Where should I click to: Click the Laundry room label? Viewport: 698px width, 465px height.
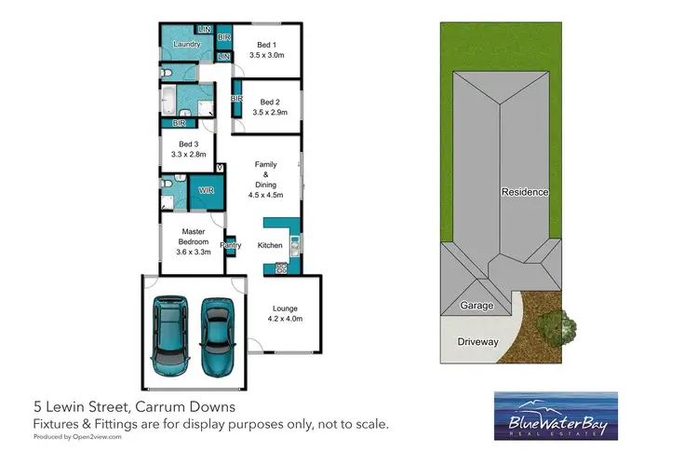pyautogui.click(x=186, y=44)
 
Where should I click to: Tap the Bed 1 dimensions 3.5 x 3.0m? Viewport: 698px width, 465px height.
pyautogui.click(x=267, y=55)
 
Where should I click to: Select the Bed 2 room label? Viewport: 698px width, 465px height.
pyautogui.click(x=270, y=103)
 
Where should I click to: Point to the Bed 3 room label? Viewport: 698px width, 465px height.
pyautogui.click(x=188, y=144)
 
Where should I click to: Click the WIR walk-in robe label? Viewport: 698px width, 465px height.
pyautogui.click(x=206, y=190)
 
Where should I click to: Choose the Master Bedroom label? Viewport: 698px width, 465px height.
pyautogui.click(x=194, y=237)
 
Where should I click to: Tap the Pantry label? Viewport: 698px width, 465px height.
pyautogui.click(x=231, y=245)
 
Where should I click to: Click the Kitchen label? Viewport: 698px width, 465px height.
pyautogui.click(x=270, y=245)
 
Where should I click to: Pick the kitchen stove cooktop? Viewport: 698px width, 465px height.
pyautogui.click(x=281, y=268)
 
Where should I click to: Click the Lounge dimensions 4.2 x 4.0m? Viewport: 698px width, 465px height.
pyautogui.click(x=285, y=319)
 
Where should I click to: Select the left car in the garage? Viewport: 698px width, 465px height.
pyautogui.click(x=170, y=335)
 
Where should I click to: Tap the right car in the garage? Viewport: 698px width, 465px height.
pyautogui.click(x=218, y=336)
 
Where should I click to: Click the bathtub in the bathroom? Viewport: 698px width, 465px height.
pyautogui.click(x=168, y=101)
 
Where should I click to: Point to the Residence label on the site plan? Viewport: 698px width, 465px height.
pyautogui.click(x=525, y=192)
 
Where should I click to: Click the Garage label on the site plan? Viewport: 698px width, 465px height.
pyautogui.click(x=477, y=306)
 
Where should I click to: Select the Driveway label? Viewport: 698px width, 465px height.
pyautogui.click(x=477, y=342)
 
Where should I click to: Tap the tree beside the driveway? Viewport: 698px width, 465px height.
pyautogui.click(x=556, y=328)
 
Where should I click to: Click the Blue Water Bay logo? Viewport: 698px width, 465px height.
pyautogui.click(x=556, y=416)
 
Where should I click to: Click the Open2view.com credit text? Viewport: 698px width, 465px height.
pyautogui.click(x=97, y=437)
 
